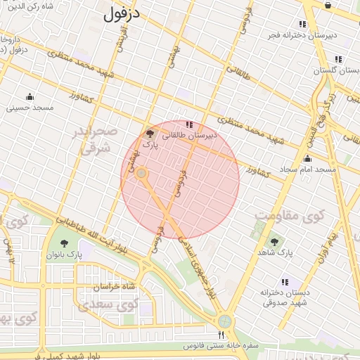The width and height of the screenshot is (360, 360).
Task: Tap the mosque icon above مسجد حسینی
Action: (30, 97)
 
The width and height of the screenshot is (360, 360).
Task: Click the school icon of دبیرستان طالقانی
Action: (187, 124)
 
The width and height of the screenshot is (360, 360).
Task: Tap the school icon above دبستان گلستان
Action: (338, 59)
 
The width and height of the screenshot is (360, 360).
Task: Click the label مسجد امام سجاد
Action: (307, 169)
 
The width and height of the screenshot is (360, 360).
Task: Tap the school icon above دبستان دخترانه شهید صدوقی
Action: (285, 281)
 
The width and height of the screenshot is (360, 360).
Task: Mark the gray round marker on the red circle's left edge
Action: (141, 173)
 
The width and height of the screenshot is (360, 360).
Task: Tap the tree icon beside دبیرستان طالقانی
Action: (149, 134)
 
